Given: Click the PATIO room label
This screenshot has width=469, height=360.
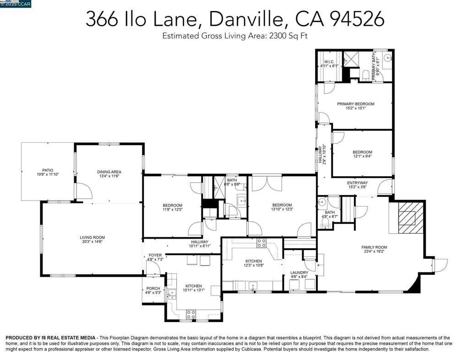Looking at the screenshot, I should pos(48,170).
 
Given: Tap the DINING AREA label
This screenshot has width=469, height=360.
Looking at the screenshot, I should pos(109,172).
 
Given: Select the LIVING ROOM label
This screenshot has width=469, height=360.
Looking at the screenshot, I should pos(92,237).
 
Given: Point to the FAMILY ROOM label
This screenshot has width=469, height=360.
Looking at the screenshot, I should pos(374,247).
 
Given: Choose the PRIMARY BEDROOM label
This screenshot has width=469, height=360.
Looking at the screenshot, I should pos(355,104).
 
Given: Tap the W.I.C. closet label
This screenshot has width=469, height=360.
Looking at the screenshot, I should pos(329,61).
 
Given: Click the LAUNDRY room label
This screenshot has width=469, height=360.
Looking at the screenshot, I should pos(299,273).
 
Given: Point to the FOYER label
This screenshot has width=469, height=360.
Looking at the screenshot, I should pos(155,255).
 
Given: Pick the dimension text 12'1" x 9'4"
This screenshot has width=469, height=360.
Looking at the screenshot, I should pos(362,157).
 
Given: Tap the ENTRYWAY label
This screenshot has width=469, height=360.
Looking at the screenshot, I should pos(357,183).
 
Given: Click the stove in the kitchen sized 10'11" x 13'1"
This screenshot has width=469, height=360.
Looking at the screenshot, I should pos(191,314).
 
